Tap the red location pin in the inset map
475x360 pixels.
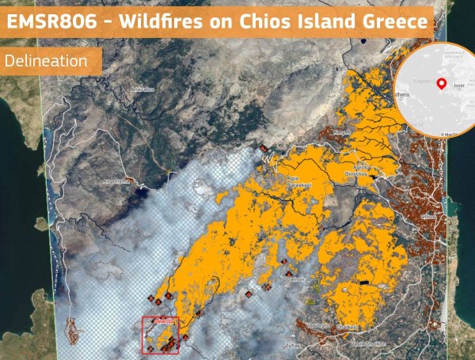[441, 82]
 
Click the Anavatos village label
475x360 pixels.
[142, 89]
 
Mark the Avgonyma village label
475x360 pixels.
[116, 180]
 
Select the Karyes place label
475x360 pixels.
[342, 132]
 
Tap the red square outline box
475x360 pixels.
[161, 335]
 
